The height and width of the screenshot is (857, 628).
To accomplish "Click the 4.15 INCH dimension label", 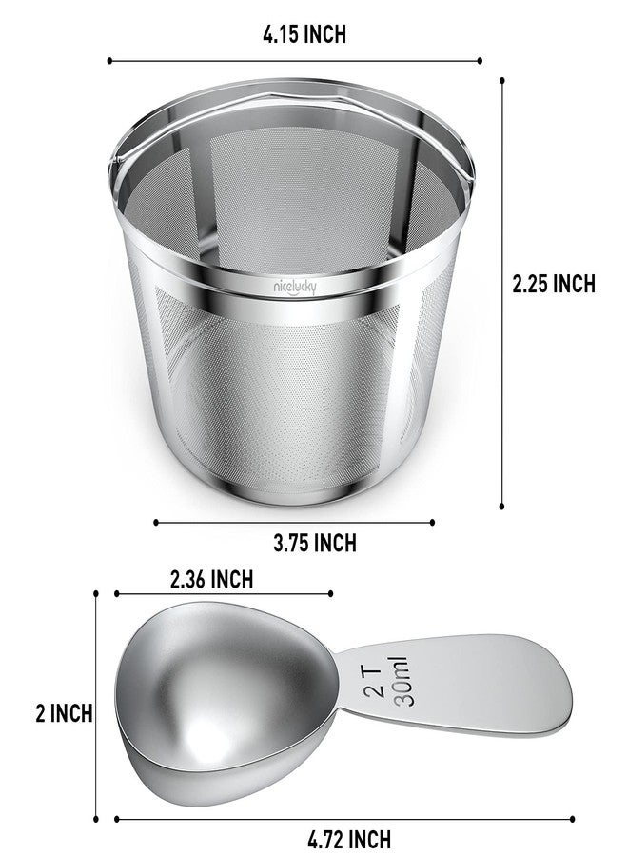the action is [x=304, y=34].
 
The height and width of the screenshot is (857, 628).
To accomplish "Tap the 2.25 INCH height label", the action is [x=553, y=284].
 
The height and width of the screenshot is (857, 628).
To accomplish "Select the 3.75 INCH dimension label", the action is [x=315, y=543].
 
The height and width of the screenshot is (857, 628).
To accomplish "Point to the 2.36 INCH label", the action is [x=211, y=579].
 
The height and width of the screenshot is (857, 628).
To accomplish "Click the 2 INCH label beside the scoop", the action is [x=64, y=713].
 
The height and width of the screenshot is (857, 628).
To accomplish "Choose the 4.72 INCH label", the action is [x=349, y=839].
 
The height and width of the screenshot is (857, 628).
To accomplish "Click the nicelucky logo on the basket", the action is [x=295, y=287].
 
